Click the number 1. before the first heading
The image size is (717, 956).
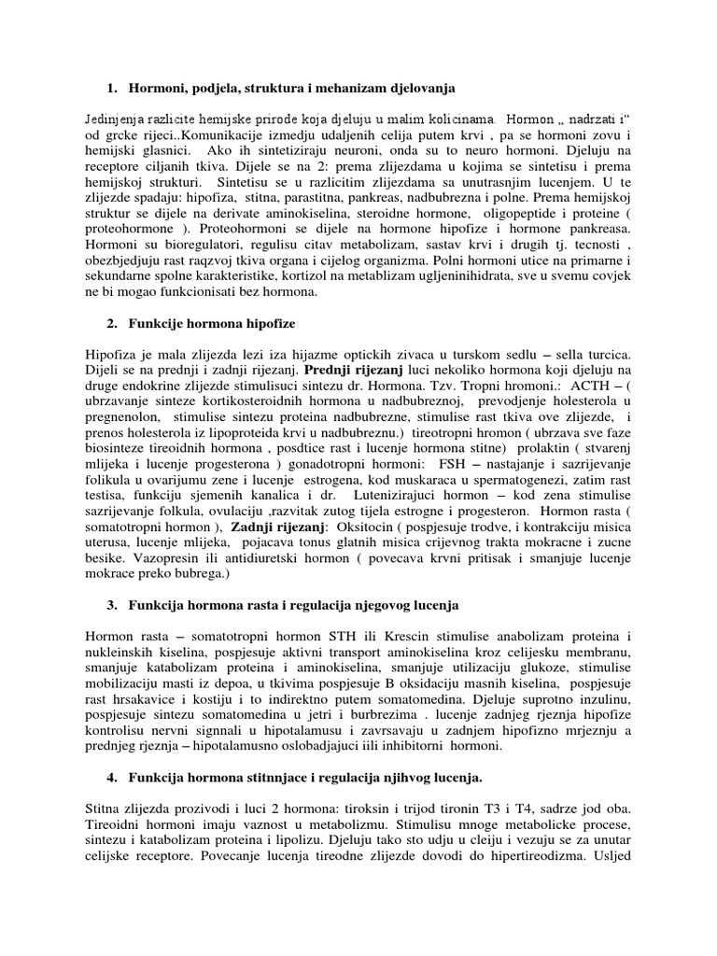(x=111, y=88)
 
